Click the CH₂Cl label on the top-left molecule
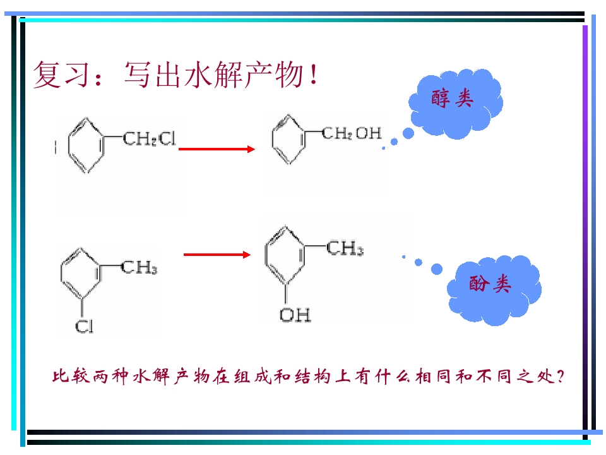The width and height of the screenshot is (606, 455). [x=149, y=138]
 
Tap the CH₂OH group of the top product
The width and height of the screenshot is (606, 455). [x=352, y=133]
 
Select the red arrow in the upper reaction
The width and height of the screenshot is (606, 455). [x=217, y=149]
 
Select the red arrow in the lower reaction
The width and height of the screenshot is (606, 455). [x=217, y=254]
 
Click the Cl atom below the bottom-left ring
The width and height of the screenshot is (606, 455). [x=84, y=326]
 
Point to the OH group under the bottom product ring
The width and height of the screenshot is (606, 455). [x=295, y=315]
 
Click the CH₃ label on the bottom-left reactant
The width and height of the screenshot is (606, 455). [x=139, y=267]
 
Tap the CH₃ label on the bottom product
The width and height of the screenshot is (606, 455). [x=345, y=248]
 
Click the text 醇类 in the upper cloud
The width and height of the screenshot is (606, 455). [x=452, y=98]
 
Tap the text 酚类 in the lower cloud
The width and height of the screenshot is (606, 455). [x=490, y=284]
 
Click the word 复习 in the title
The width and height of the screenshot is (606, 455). [x=62, y=75]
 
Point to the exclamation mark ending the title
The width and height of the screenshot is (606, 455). [x=314, y=75]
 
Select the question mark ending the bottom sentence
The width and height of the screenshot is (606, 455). [x=561, y=376]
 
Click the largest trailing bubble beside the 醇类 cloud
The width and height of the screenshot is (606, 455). [x=408, y=133]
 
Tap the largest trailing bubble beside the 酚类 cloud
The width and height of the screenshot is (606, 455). [x=437, y=269]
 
